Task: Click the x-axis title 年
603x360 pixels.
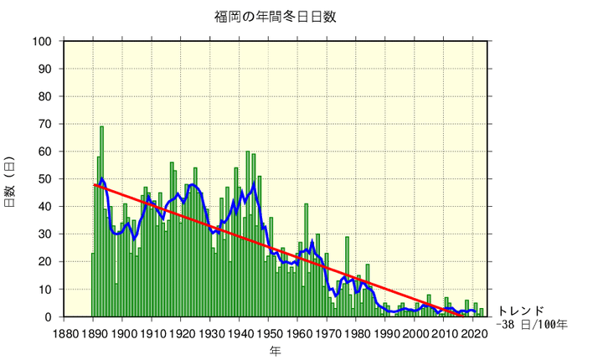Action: (276, 350)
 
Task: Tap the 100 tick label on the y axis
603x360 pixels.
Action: (43, 42)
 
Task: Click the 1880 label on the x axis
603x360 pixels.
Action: (64, 333)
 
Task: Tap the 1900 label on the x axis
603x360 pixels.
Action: (122, 333)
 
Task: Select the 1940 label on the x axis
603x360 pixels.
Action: (240, 333)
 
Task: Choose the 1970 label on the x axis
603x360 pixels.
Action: (327, 333)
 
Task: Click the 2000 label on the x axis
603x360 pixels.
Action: (416, 333)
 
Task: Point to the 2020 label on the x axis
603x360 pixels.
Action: (475, 333)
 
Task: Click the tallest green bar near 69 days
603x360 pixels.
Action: (102, 167)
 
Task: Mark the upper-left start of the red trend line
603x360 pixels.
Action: (94, 184)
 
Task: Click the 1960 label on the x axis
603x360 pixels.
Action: (298, 333)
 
